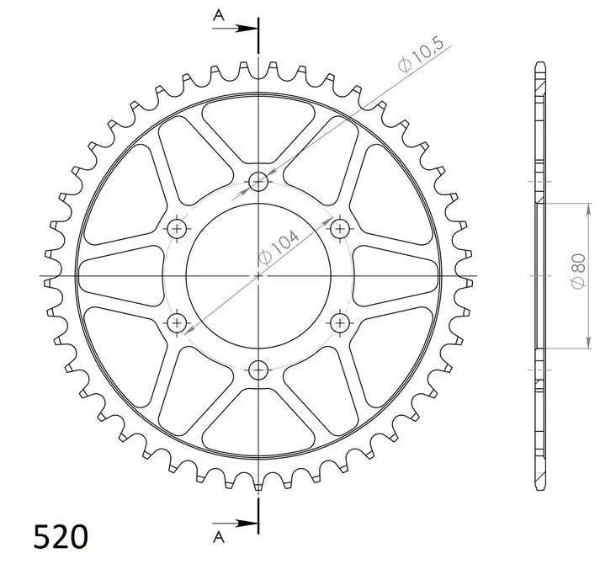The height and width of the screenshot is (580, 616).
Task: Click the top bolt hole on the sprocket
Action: point(258,180)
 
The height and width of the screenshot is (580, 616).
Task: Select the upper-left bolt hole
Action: point(177,228)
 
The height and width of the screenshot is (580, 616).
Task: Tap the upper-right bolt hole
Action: point(340,228)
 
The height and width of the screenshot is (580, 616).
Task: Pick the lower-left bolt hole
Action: point(177,322)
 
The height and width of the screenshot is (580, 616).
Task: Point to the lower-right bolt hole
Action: point(340,322)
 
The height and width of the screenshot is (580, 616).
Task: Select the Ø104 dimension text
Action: point(279,249)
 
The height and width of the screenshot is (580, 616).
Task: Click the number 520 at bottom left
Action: point(60,536)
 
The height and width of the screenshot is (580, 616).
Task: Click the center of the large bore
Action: point(258,275)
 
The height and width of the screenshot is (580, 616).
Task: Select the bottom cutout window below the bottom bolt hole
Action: point(258,421)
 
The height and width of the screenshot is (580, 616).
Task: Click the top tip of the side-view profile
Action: point(539,64)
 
